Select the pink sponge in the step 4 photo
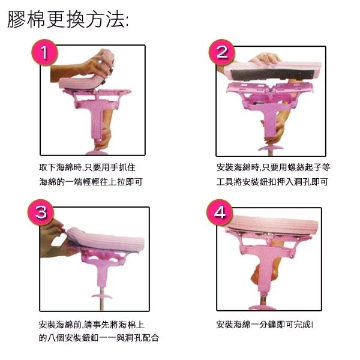tap(270, 225)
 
